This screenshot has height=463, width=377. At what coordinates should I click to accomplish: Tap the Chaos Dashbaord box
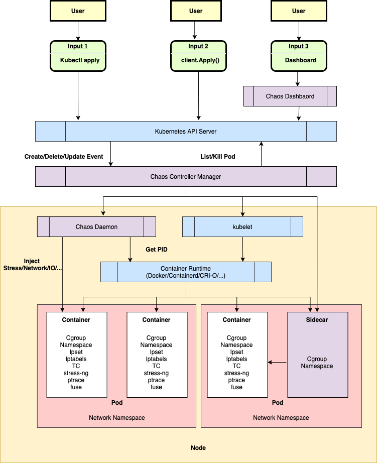pyautogui.click(x=290, y=96)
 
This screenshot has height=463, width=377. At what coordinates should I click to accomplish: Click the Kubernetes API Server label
pyautogui.click(x=185, y=132)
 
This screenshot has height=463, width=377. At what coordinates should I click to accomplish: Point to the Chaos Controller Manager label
pyautogui.click(x=185, y=177)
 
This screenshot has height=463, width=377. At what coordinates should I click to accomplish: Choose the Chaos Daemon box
pyautogui.click(x=96, y=227)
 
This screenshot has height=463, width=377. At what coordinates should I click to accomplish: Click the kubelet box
pyautogui.click(x=242, y=227)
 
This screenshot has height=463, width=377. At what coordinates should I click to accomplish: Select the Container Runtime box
pyautogui.click(x=186, y=272)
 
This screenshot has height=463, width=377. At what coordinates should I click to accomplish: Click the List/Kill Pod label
pyautogui.click(x=217, y=157)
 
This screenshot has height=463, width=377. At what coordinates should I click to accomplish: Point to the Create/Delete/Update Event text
pyautogui.click(x=63, y=157)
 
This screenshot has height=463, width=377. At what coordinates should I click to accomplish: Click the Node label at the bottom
pyautogui.click(x=198, y=448)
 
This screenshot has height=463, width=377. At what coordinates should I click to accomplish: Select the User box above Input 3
pyautogui.click(x=299, y=11)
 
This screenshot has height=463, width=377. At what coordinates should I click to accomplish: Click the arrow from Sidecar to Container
pyautogui.click(x=277, y=362)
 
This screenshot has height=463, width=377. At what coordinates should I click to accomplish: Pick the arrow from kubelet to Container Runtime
pyautogui.click(x=242, y=249)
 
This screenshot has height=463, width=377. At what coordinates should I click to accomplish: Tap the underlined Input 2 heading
pyautogui.click(x=198, y=47)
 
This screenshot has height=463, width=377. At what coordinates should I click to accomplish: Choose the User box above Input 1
pyautogui.click(x=78, y=11)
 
